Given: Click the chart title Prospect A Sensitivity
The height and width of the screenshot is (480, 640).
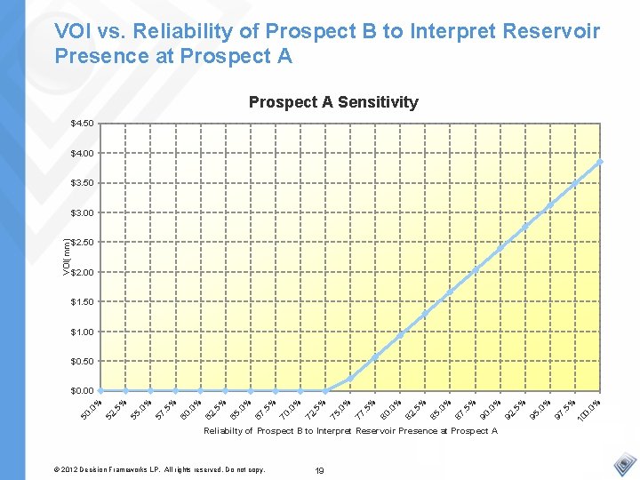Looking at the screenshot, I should point(332,102).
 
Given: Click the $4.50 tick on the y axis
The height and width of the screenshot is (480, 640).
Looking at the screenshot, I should point(83,123).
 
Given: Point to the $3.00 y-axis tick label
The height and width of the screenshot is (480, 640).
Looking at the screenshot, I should point(83,212).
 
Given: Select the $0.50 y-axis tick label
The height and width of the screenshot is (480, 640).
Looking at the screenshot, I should point(83,361).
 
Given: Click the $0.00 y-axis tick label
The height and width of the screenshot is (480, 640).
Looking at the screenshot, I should point(83,391).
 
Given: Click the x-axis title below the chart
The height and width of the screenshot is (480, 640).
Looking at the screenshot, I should point(350,431).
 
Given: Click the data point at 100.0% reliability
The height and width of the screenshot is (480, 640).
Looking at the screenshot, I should point(601,162).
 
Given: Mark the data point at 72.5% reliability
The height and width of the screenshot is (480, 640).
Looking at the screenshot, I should point(325,390).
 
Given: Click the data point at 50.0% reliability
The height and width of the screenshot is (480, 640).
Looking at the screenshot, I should point(100,390).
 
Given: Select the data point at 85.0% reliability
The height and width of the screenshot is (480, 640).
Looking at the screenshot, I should point(451,292).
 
